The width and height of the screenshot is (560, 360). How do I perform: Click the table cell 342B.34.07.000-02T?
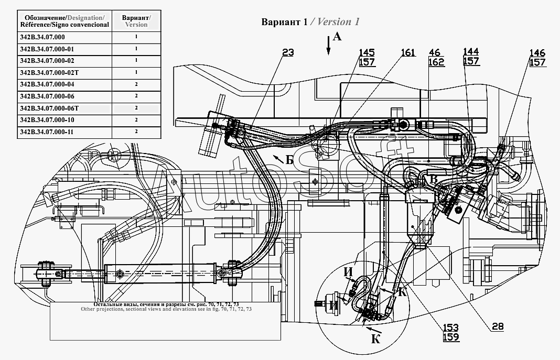64,73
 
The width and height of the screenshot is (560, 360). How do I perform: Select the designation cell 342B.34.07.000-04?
64,84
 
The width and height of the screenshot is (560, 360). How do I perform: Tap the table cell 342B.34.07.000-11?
64,132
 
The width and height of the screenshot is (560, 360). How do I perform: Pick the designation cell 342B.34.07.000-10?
64,120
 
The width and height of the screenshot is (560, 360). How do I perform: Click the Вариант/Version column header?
136,21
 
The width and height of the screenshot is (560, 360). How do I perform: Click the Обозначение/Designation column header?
64,21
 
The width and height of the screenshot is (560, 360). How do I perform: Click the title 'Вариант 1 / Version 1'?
310,22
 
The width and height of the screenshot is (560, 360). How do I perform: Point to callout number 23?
288,52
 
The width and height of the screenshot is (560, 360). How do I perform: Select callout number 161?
408,53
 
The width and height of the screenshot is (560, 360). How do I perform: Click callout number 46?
435,53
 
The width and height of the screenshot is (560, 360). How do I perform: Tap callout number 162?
436,62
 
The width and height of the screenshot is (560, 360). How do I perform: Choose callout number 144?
471,52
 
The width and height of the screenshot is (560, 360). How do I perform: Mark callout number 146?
537,53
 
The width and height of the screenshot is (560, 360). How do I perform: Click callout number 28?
498,326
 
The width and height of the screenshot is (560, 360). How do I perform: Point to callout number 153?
451,328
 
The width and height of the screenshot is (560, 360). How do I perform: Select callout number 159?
451,337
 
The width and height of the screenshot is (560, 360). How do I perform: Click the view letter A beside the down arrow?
337,36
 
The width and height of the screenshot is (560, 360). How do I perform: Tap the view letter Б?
289,160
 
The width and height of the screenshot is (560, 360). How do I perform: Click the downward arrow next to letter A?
328,46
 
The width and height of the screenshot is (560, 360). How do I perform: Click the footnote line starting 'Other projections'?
166,309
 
